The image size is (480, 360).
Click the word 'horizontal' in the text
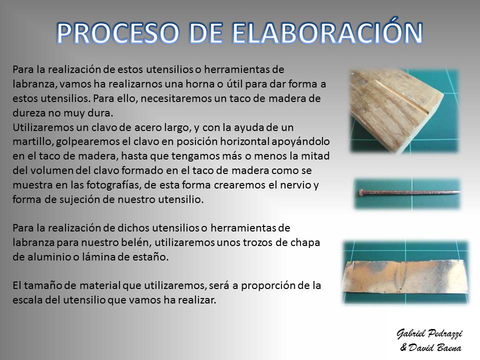click(244, 141)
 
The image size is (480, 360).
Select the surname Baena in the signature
click(449, 348)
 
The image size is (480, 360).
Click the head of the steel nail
click(361, 192)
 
